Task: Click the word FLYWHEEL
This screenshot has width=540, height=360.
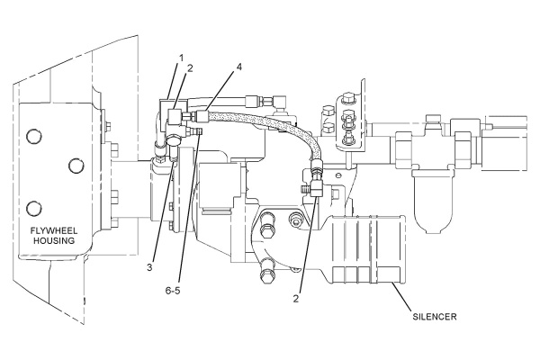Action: tap(54, 230)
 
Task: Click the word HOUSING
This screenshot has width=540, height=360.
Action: tap(54, 240)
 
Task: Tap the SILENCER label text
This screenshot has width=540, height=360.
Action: tap(435, 317)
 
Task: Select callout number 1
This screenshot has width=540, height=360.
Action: tap(181, 58)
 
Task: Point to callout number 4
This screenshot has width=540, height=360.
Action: tap(238, 67)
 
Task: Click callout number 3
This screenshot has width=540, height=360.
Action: tap(149, 267)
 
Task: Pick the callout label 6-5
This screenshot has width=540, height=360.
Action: tap(173, 291)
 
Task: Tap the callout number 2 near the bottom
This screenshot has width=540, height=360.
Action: tap(296, 299)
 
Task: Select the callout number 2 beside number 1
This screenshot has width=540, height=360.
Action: tap(189, 68)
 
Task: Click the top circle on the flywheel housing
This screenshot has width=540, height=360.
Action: tap(34, 136)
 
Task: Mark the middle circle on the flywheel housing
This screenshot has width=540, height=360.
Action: tap(76, 166)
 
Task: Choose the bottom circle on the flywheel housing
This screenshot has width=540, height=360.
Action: tap(34, 209)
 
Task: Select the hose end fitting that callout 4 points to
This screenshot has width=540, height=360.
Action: tap(202, 115)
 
